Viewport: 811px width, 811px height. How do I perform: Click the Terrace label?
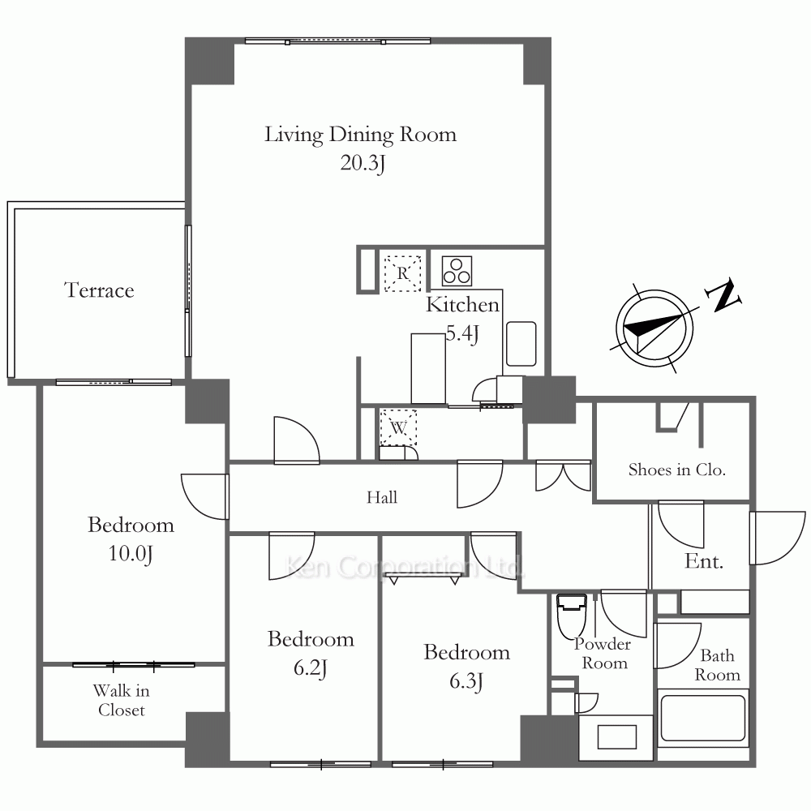pyautogui.click(x=99, y=290)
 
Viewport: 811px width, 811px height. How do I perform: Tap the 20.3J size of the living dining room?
pyautogui.click(x=363, y=164)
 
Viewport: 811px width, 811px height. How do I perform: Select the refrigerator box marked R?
pyautogui.click(x=402, y=273)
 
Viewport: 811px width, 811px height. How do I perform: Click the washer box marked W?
pyautogui.click(x=398, y=427)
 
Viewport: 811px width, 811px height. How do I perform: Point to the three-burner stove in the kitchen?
pyautogui.click(x=457, y=271)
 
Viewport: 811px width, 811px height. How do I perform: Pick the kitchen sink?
pyautogui.click(x=521, y=344)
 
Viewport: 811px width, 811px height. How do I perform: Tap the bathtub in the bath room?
pyautogui.click(x=703, y=718)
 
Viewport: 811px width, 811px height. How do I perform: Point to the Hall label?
pyautogui.click(x=382, y=498)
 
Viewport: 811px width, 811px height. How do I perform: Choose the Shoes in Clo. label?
pyautogui.click(x=677, y=470)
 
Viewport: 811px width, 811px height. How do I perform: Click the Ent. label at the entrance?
pyautogui.click(x=703, y=561)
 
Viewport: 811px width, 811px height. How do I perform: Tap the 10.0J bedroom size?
pyautogui.click(x=131, y=554)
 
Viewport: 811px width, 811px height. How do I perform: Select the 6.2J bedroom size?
pyautogui.click(x=311, y=668)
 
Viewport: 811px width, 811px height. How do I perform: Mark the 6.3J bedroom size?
pyautogui.click(x=466, y=681)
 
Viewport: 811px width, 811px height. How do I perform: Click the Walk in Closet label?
pyautogui.click(x=122, y=701)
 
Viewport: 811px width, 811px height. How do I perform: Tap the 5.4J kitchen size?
pyautogui.click(x=462, y=333)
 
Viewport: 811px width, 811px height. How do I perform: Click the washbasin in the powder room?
pyautogui.click(x=616, y=737)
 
